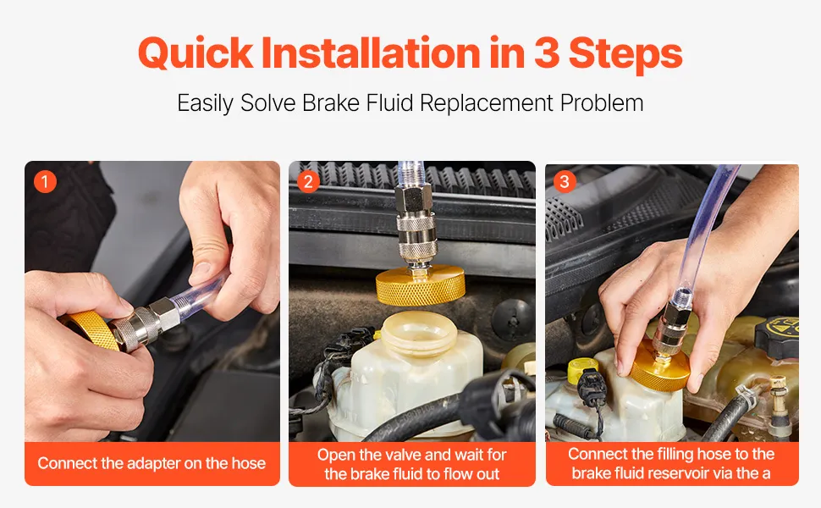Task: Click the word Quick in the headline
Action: click(x=196, y=52)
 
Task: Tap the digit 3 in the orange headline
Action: click(x=547, y=52)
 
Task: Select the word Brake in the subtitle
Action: click(x=331, y=102)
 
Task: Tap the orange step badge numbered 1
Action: click(x=45, y=182)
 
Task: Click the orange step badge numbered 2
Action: click(x=308, y=182)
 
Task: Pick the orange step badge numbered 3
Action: click(x=565, y=182)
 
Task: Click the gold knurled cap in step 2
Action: click(x=421, y=285)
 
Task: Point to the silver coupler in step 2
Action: click(x=414, y=225)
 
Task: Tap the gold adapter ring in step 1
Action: click(x=90, y=329)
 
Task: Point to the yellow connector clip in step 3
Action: click(x=583, y=370)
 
